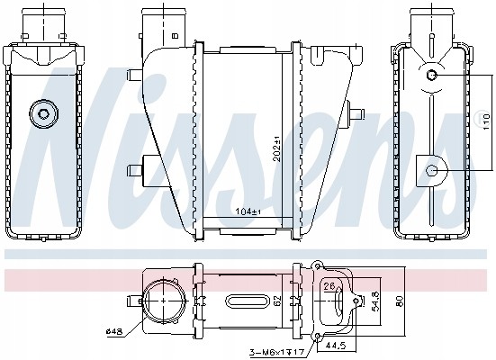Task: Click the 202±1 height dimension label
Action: pos(277,148)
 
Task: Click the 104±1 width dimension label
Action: pos(248,211)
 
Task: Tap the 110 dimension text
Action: pos(486,121)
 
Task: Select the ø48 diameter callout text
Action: pos(114,331)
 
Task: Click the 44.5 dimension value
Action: pos(337,344)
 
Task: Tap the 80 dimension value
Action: pos(399,301)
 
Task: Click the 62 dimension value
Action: pos(277,301)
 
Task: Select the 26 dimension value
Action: pos(329,286)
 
